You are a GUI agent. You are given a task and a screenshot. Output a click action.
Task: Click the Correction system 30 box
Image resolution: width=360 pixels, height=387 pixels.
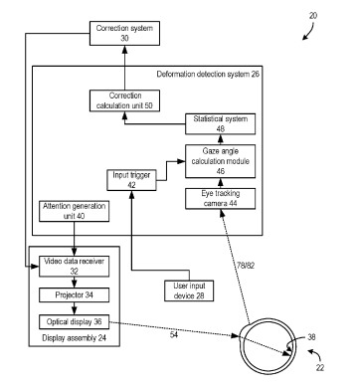coord(124,33)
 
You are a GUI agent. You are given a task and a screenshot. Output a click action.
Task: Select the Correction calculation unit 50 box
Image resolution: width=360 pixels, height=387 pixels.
coord(124,100)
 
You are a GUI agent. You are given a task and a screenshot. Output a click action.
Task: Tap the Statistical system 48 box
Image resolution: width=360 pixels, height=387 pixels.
coord(221,123)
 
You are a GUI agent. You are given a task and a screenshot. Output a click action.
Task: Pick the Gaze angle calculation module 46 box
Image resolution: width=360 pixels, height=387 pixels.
coord(221,161)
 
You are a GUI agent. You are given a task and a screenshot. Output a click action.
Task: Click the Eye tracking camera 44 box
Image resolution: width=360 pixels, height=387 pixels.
coord(221,198)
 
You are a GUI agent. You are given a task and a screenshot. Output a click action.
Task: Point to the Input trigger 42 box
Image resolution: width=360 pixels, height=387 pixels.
coord(131,180)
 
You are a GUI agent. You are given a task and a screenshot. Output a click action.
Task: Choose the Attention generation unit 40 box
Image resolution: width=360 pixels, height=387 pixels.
coord(75,211)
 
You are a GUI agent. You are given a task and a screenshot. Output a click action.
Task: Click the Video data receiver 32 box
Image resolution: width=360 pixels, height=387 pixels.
coord(75,266)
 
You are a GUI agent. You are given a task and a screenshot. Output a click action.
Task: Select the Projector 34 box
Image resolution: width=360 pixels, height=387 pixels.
coord(75,294)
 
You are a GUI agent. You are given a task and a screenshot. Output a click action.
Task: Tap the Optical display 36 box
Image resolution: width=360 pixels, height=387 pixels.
coord(75,321)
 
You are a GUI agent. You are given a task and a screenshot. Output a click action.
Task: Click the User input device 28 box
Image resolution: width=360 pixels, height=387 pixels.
coord(189,290)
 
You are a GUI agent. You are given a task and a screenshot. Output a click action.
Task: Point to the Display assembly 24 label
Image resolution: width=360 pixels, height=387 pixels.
coord(75,338)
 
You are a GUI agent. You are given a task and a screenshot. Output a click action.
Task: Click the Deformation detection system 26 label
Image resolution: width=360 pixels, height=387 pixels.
coord(208,74)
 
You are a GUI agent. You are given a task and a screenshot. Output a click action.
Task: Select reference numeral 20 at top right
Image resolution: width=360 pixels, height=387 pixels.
coord(313,16)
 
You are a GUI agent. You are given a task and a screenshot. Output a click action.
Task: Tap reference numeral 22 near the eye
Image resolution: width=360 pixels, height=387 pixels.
coord(320,367)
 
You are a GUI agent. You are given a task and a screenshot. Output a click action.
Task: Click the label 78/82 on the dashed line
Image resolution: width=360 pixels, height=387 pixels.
coord(246,266)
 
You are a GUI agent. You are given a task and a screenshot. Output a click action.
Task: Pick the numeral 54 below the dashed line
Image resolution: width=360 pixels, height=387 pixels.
coord(174,335)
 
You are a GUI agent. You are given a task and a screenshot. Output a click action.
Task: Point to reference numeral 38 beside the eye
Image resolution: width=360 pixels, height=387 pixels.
coord(311,337)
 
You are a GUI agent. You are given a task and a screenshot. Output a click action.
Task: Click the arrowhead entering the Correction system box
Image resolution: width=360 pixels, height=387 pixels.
coord(124,49)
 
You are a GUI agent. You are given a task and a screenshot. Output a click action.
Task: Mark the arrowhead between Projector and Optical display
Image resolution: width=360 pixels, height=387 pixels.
coord(75,311)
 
